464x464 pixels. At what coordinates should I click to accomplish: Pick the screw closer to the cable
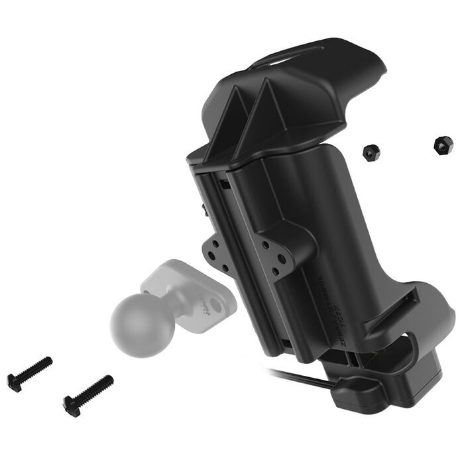click(88, 394)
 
